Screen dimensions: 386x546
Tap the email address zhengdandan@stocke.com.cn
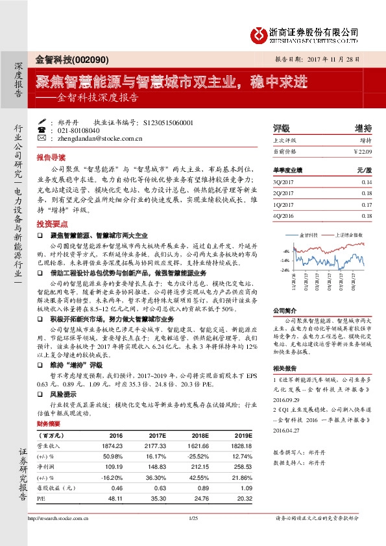[x=95, y=138]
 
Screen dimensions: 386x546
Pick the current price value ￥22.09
[x=363, y=150]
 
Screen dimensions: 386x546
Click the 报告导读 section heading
[x=51, y=158]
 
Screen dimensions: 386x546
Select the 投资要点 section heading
[x=51, y=222]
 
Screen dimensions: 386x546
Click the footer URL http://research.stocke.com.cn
[x=60, y=518]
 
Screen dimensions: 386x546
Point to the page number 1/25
[x=192, y=518]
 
